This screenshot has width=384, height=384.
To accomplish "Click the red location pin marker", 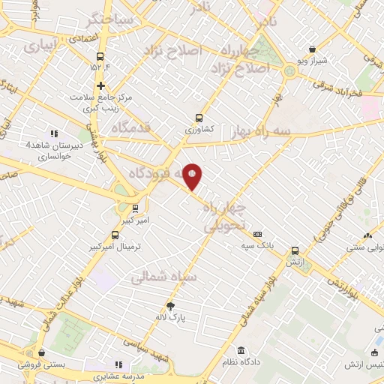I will [x=193, y=177].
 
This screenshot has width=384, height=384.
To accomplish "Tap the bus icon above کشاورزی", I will [x=199, y=117].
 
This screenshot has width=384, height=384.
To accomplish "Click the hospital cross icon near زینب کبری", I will [x=100, y=85].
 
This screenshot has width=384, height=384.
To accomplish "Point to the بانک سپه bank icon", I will [x=257, y=234].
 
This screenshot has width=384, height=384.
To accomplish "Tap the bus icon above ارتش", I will [x=295, y=251].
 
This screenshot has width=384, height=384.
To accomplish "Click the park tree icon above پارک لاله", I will [x=171, y=305].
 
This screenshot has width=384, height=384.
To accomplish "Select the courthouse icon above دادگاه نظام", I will [x=241, y=350].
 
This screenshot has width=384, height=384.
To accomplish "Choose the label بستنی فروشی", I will [x=46, y=364].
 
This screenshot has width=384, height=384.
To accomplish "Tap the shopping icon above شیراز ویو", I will [x=310, y=47].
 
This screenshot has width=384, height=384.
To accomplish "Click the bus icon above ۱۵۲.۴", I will [x=100, y=55].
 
